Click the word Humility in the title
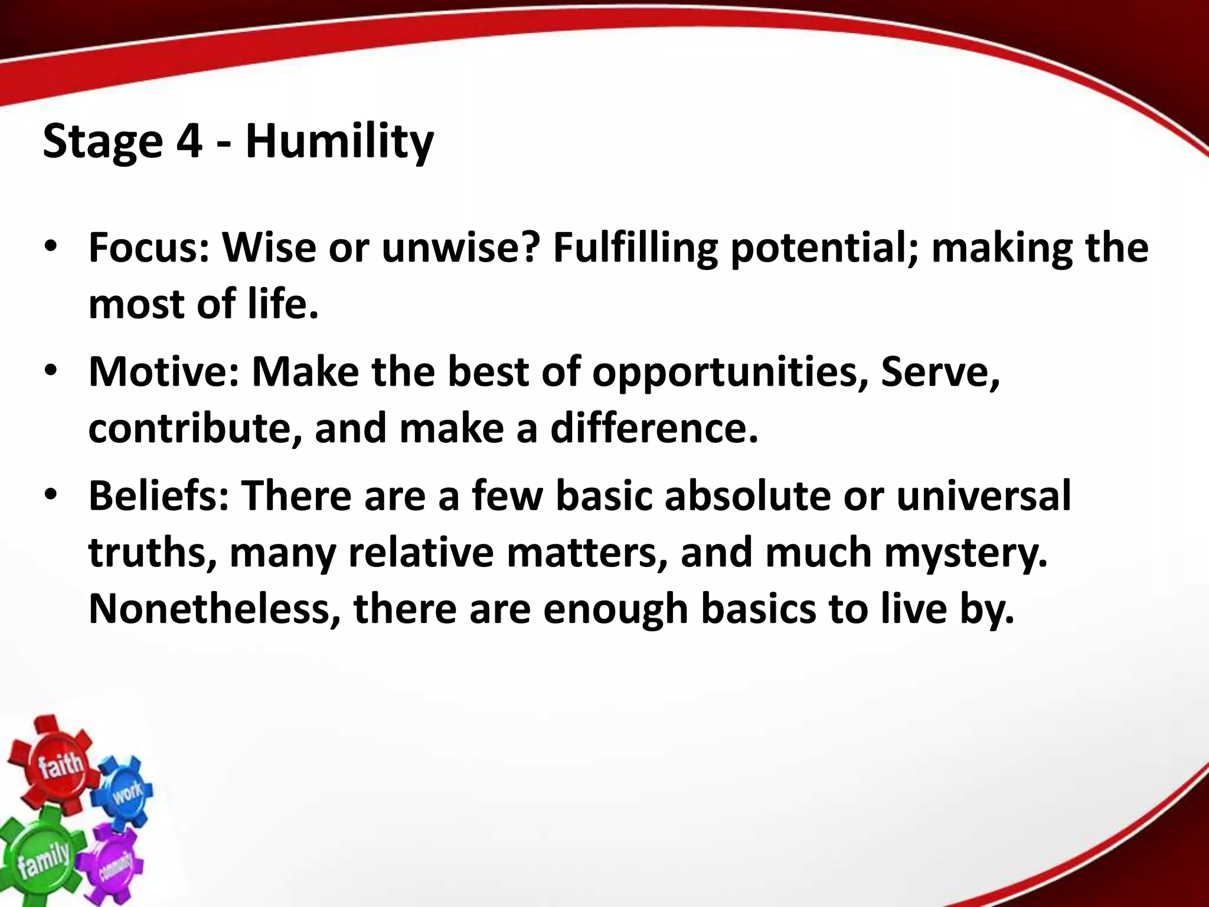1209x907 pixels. click(339, 142)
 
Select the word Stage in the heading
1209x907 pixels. click(102, 142)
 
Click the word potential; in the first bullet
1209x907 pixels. click(824, 249)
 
